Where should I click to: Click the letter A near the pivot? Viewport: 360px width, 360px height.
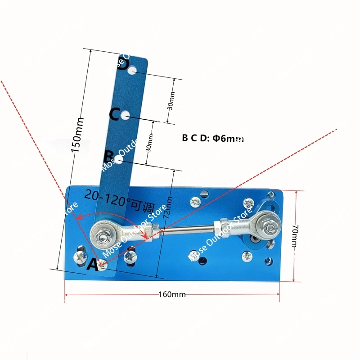(x=92, y=265)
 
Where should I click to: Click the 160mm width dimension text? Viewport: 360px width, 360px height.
(x=172, y=295)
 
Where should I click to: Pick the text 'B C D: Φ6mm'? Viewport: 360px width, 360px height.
(x=213, y=139)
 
